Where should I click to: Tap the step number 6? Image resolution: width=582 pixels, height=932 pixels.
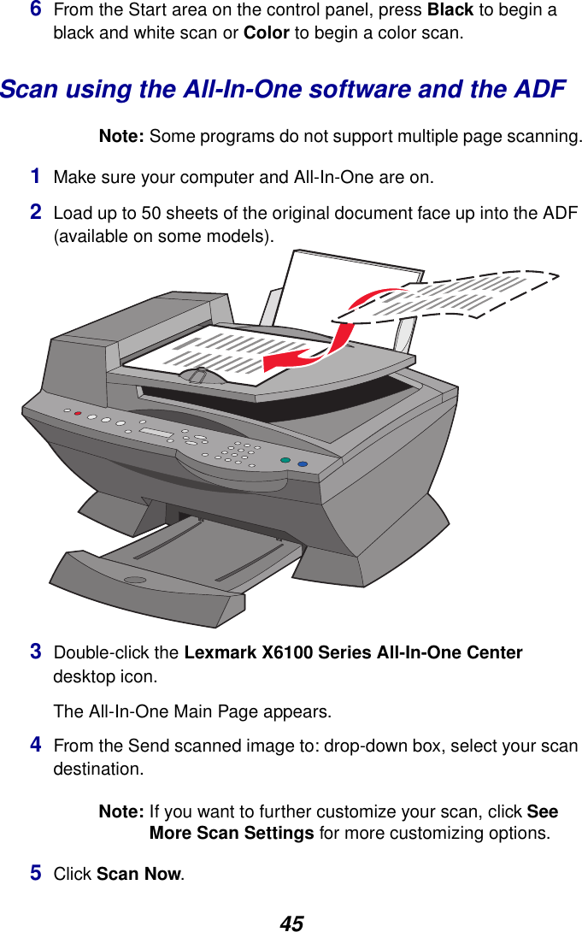36,10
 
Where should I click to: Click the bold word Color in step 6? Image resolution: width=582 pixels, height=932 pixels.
266,34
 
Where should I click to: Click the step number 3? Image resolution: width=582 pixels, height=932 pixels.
36,652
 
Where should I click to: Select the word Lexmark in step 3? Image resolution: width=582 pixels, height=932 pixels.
215,653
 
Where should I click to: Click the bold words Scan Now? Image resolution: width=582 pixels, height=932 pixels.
138,875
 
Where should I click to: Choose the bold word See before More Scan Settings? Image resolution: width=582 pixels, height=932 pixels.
543,811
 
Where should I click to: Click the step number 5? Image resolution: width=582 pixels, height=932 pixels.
36,873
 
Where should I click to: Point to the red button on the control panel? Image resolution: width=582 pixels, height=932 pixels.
78,414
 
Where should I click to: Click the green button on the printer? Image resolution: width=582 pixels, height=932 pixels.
285,462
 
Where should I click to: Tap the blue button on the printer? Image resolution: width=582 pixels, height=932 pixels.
302,465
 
